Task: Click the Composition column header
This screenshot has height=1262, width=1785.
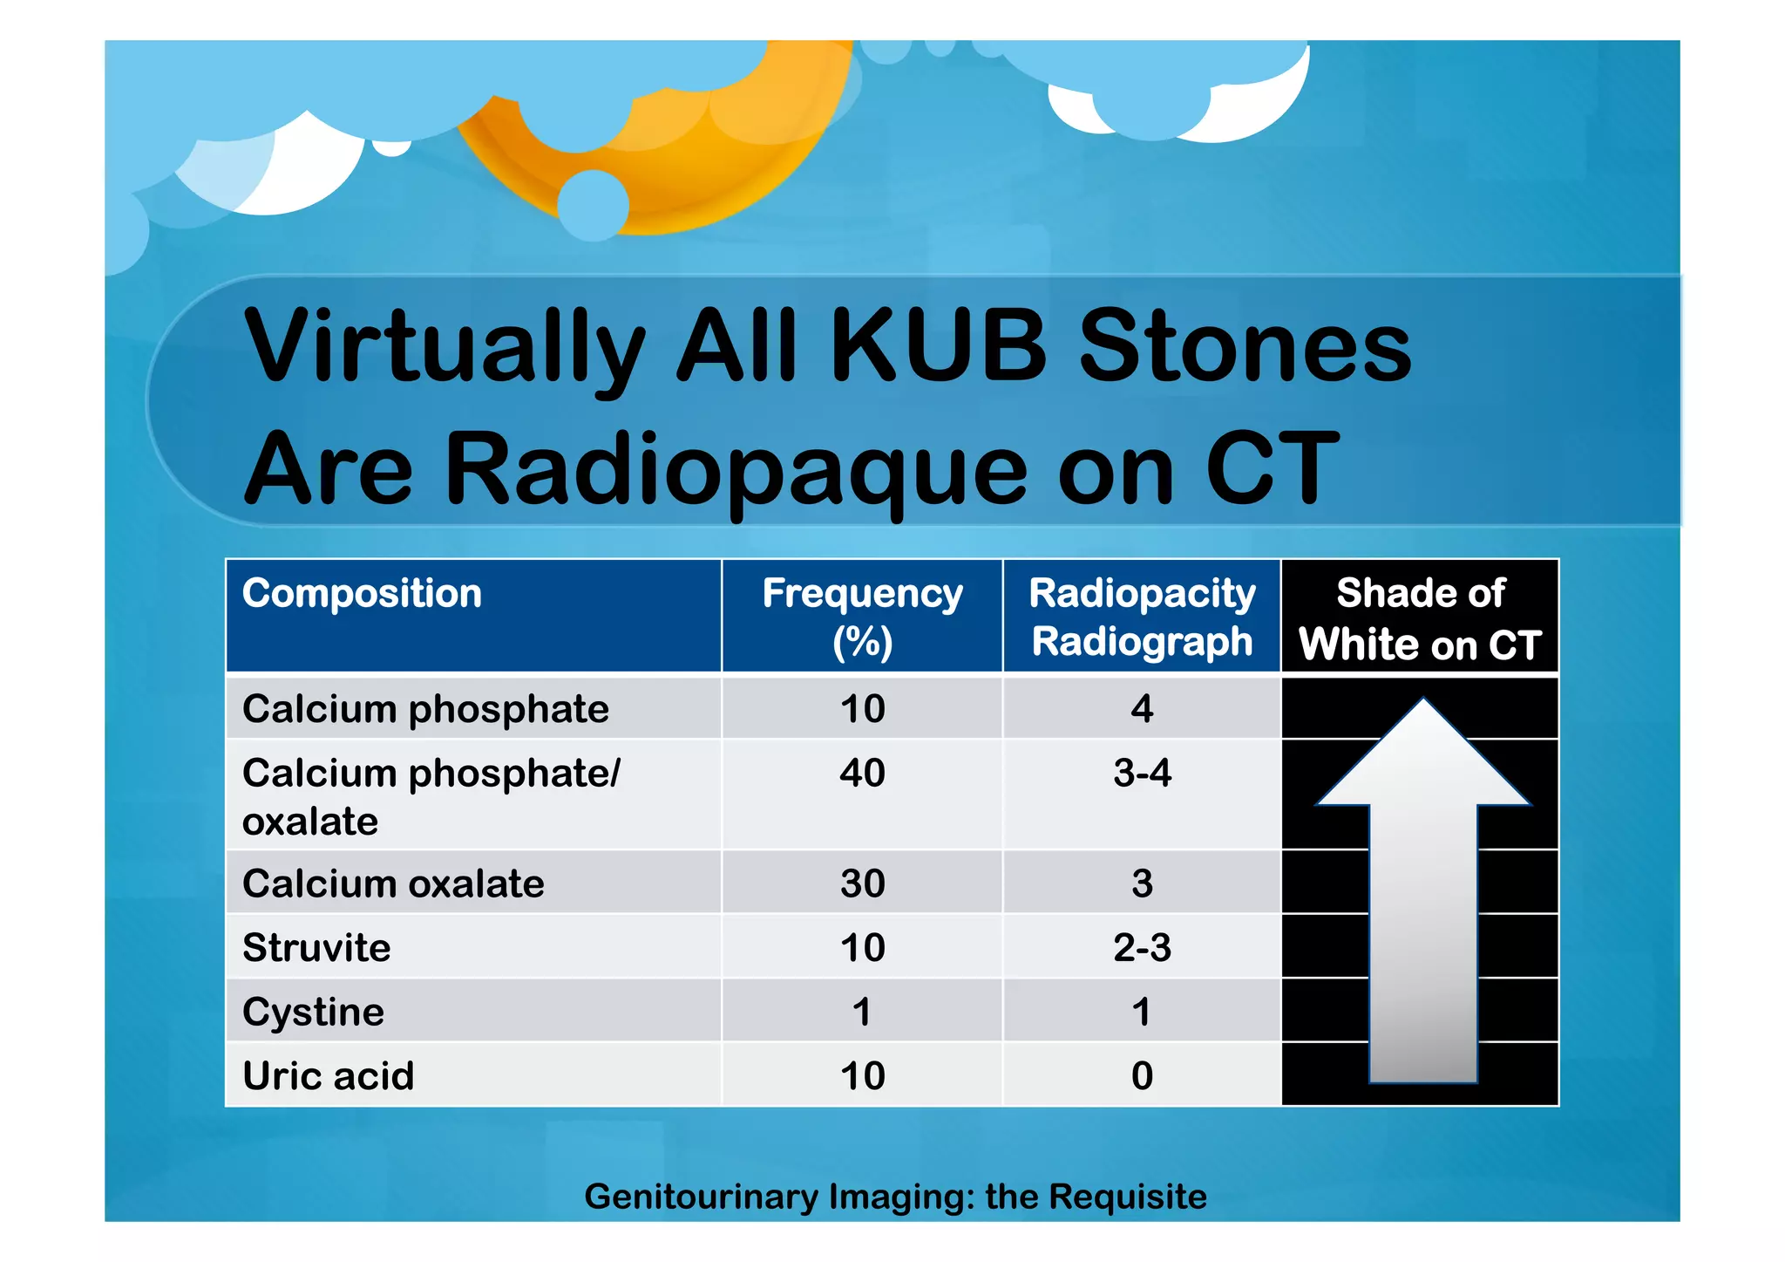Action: (x=362, y=594)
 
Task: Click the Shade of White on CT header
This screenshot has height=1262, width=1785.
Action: (x=1420, y=617)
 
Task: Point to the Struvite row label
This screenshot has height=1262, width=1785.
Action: (x=316, y=947)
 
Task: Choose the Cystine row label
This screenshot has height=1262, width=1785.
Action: (x=313, y=1012)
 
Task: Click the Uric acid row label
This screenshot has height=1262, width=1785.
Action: (x=328, y=1075)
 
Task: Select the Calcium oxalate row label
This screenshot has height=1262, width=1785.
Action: (x=393, y=883)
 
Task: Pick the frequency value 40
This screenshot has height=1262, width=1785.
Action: (x=862, y=773)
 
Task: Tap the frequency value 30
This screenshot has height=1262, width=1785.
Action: (x=862, y=883)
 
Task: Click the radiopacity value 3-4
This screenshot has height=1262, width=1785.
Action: (x=1142, y=773)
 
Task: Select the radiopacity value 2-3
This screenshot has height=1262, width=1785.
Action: (x=1142, y=947)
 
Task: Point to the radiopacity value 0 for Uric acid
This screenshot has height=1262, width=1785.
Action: (x=1142, y=1075)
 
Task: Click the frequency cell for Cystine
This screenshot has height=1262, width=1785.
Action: (x=862, y=1012)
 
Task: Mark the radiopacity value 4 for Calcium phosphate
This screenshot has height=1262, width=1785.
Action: (x=1142, y=708)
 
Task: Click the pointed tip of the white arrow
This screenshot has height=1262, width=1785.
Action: (x=1423, y=703)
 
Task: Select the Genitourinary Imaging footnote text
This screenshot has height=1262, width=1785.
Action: (x=895, y=1197)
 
